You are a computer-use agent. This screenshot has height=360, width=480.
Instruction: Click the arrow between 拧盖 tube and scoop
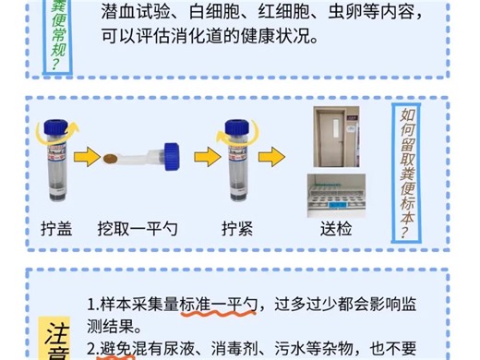pyautogui.click(x=90, y=159)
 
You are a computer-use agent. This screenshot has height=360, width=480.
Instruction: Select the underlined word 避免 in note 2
pyautogui.click(x=116, y=349)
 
